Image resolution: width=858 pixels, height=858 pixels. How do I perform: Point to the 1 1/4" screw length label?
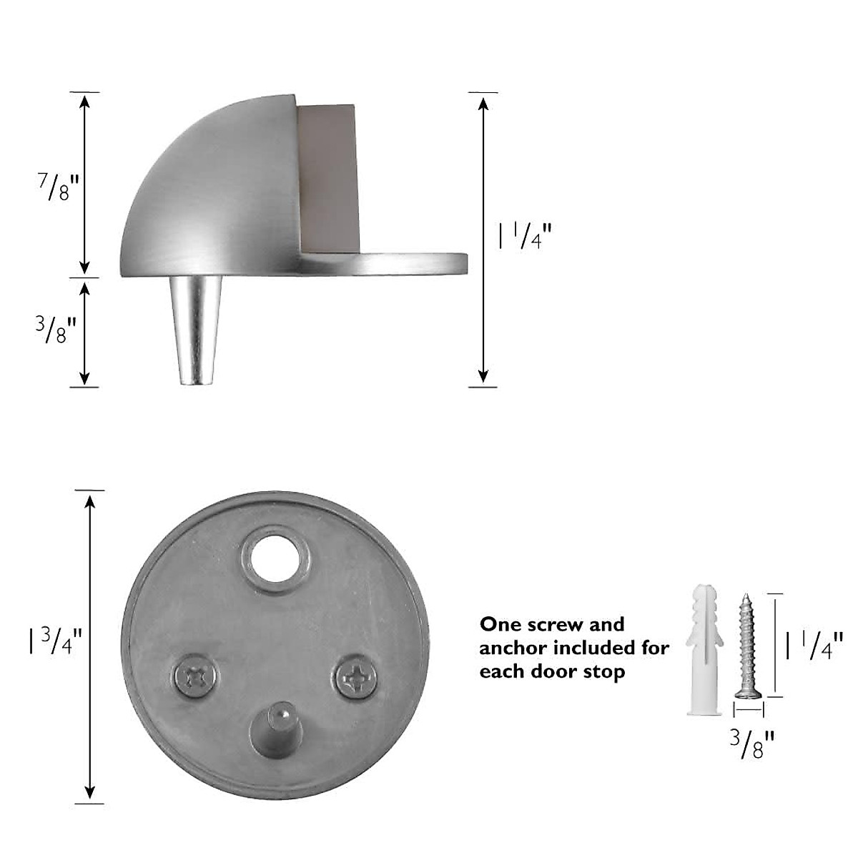[x=814, y=645]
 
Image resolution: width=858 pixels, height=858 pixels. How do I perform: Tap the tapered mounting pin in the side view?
[x=195, y=330]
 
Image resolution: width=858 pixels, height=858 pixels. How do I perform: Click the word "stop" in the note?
[x=605, y=672]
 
